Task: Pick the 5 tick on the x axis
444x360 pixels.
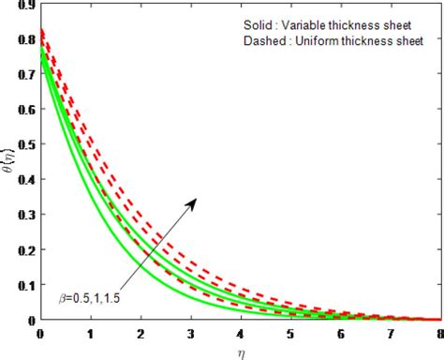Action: coord(290,332)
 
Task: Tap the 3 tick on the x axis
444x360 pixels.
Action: coord(190,332)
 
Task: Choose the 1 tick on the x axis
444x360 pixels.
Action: coord(90,332)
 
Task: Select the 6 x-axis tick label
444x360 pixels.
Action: coord(341,332)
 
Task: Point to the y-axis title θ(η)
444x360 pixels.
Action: coord(8,161)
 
